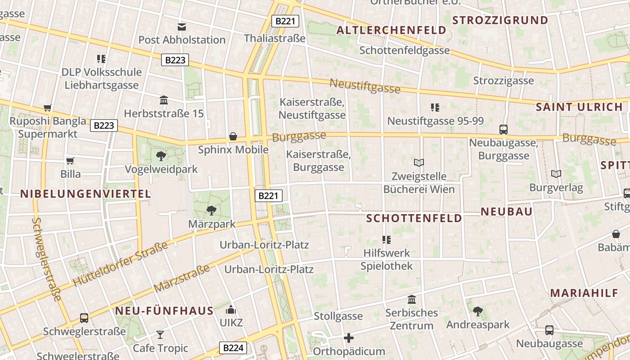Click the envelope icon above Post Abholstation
(x=182, y=27)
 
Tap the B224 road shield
(x=234, y=347)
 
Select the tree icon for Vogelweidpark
(x=161, y=156)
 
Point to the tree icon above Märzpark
(x=211, y=210)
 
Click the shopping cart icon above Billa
(x=70, y=161)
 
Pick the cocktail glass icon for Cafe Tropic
(x=160, y=334)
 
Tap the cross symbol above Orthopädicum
(x=349, y=337)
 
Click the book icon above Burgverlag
(x=556, y=174)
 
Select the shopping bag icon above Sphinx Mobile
(x=233, y=136)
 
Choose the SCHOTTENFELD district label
(x=414, y=218)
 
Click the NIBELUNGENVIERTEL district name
(x=85, y=194)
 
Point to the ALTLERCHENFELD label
(x=391, y=30)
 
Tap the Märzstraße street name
(x=182, y=278)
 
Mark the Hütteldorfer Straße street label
(x=120, y=264)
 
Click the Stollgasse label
(x=338, y=316)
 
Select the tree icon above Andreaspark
(x=478, y=311)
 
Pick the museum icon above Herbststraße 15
(x=164, y=100)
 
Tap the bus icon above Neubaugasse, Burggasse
(x=504, y=130)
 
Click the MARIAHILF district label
(x=584, y=293)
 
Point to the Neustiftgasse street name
(x=365, y=85)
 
